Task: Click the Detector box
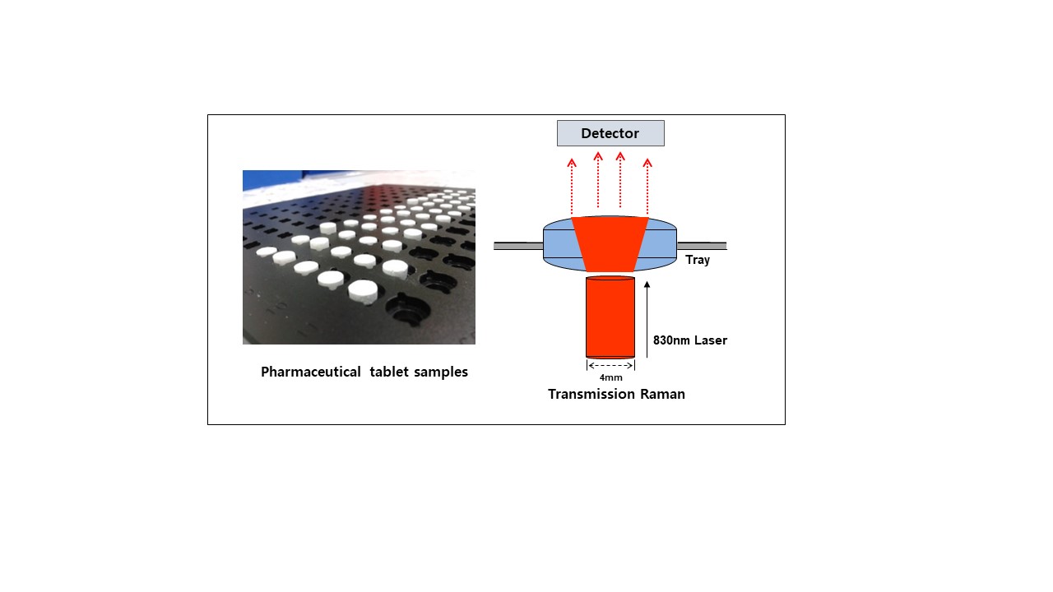610,133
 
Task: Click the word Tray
698,260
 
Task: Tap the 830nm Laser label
689,340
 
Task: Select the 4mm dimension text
610,377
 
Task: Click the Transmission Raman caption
616,394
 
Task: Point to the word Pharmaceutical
310,372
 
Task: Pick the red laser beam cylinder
610,317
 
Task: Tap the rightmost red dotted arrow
647,186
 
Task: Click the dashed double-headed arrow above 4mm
610,366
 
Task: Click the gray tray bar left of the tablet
518,245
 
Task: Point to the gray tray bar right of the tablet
702,245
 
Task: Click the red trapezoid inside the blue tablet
610,243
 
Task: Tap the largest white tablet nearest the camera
363,290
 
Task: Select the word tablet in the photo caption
392,372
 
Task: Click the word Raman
663,394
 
